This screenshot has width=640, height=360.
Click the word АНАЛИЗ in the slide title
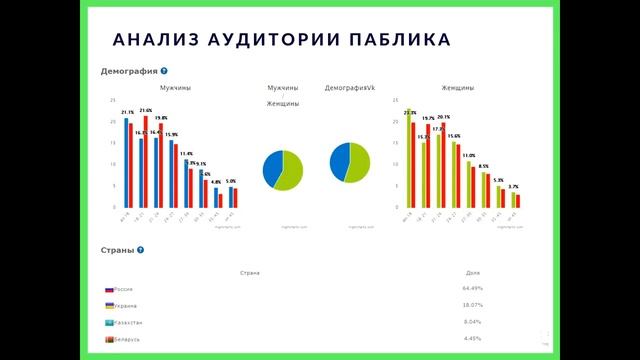(x=151, y=40)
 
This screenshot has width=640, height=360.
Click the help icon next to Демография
(x=164, y=71)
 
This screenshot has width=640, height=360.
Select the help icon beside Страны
(x=137, y=249)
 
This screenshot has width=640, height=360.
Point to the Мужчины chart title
(x=175, y=88)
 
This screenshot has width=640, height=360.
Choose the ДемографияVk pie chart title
(x=350, y=88)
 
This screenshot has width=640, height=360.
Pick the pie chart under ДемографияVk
(x=350, y=164)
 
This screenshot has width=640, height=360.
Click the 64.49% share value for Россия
(x=474, y=288)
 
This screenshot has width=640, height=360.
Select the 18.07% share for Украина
(x=474, y=305)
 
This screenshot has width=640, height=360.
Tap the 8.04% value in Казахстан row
(x=474, y=322)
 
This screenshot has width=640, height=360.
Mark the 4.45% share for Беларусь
(x=474, y=339)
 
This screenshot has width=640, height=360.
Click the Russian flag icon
(x=109, y=288)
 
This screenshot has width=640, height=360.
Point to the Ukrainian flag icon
(x=109, y=305)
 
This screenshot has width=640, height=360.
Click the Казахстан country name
(x=125, y=323)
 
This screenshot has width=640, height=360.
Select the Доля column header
(x=473, y=272)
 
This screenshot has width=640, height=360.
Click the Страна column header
(x=250, y=272)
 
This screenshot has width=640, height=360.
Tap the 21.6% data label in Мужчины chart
(x=145, y=111)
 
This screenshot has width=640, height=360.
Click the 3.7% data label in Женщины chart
(x=513, y=187)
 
